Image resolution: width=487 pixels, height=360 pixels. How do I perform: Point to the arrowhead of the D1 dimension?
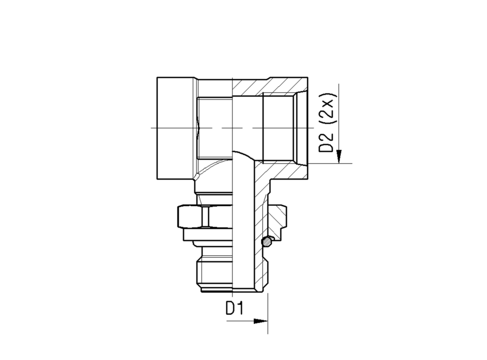(261, 321)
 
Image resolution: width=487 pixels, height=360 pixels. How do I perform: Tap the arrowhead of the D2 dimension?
(339, 156)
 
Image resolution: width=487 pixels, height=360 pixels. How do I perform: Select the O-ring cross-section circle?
(266, 242)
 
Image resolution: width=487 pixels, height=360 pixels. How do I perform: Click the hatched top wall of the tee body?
(270, 86)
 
